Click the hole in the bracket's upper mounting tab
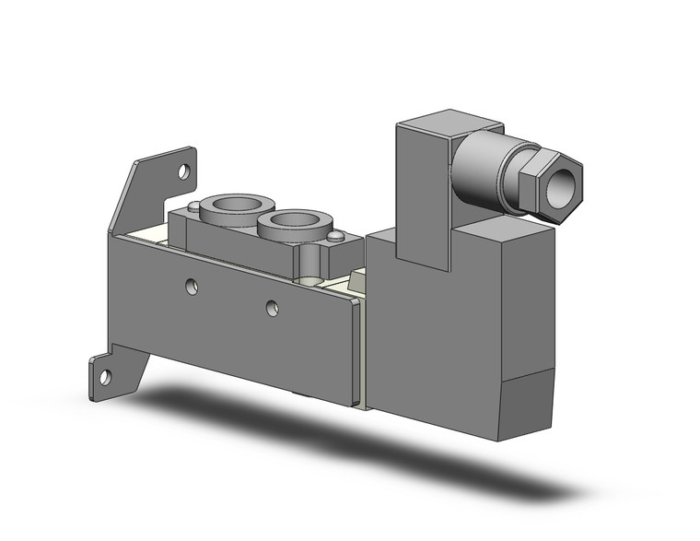click(x=184, y=171)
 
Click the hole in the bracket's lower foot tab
click(x=104, y=376)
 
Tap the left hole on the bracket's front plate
click(x=191, y=287)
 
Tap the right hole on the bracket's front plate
click(x=272, y=308)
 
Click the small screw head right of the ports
click(x=336, y=237)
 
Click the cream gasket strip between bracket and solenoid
click(x=364, y=350)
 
